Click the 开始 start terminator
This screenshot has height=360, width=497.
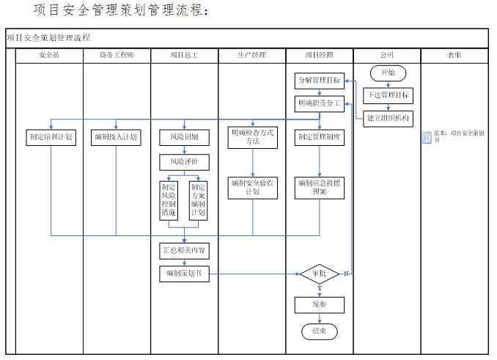[387, 73]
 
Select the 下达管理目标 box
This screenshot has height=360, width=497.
[387, 95]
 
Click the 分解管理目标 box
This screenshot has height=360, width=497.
[319, 80]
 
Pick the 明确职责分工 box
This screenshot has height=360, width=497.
[319, 103]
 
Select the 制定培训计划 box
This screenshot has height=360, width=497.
[51, 136]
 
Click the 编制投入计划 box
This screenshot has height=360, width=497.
[116, 136]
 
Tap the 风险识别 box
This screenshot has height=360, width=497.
[184, 136]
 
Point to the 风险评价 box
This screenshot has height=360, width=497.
[184, 161]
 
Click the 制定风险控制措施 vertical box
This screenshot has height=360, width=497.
[169, 200]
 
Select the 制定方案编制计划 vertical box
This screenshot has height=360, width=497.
[198, 200]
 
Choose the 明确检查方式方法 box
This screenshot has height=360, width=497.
[252, 136]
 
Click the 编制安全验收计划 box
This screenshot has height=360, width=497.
[252, 187]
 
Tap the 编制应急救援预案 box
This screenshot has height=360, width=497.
[319, 187]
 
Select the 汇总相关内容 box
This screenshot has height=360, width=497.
[184, 250]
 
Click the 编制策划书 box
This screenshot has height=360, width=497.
[184, 273]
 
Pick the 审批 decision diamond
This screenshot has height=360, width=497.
[319, 273]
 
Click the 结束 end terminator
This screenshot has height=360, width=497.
[319, 331]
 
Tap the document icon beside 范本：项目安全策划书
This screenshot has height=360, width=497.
[427, 137]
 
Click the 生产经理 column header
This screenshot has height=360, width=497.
[252, 56]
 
